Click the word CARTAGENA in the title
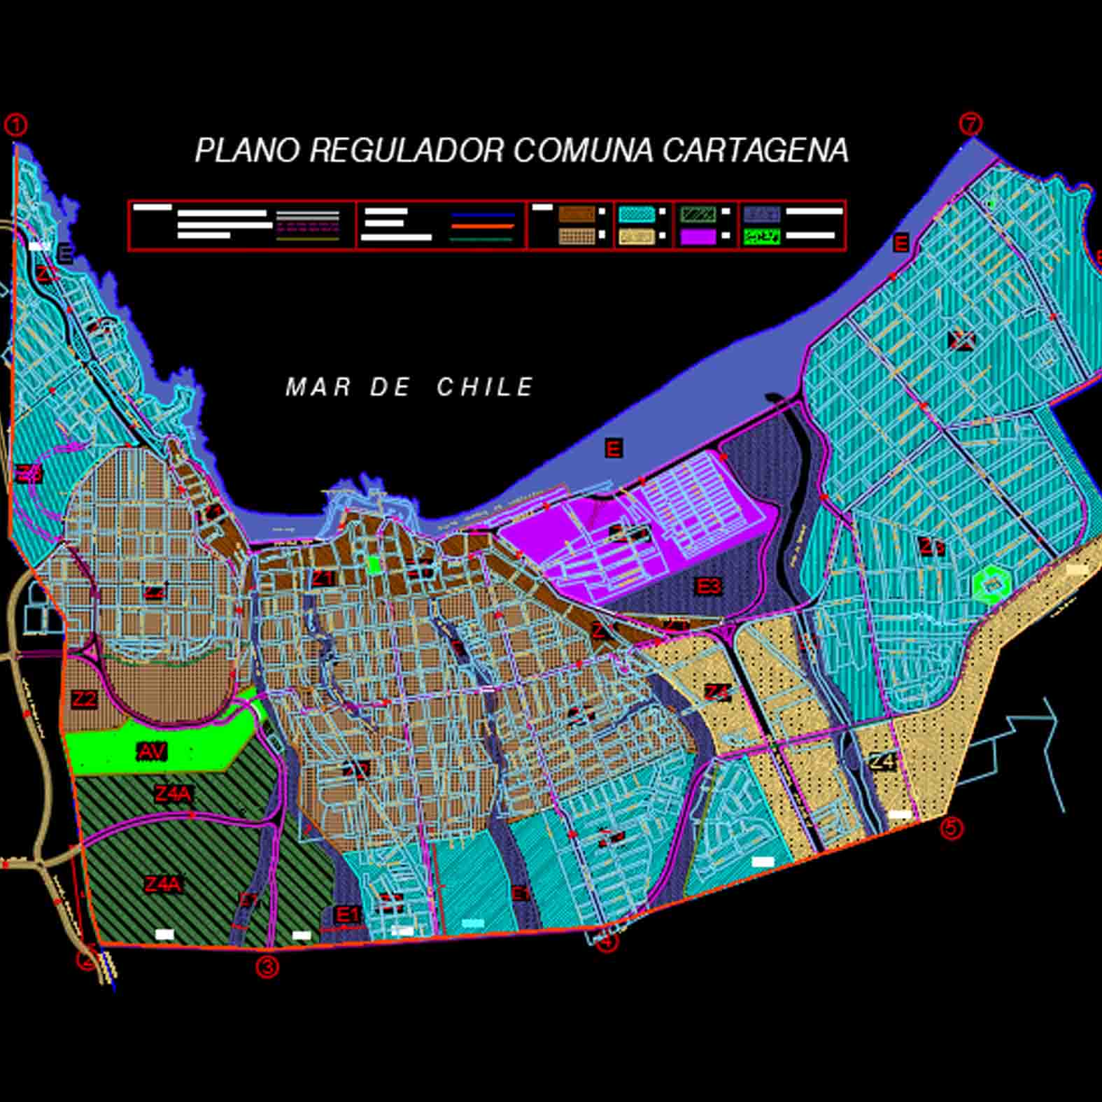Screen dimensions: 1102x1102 coord(756,150)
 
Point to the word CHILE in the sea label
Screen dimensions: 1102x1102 coord(486,387)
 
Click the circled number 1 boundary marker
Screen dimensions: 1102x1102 coord(15,125)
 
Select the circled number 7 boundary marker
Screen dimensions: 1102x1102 coord(970,124)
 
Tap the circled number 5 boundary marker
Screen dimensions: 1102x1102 coord(951,828)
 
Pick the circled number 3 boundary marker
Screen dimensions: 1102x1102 coord(267,967)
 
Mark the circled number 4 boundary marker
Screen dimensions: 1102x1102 coord(607,942)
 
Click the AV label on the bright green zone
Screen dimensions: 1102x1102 coord(152,752)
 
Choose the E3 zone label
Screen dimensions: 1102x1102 coord(708,586)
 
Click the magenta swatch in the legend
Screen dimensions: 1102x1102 coord(698,236)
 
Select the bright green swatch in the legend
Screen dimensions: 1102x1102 coord(761,236)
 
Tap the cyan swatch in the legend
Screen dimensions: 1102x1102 coord(637,213)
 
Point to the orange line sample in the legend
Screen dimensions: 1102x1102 coord(483,227)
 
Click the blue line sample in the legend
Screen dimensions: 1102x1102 coord(483,215)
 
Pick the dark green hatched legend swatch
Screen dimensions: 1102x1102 coord(698,213)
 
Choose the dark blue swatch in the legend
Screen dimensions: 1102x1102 coord(761,213)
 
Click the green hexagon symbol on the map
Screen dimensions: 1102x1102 coord(991,583)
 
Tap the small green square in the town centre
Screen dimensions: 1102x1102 coord(375,564)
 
